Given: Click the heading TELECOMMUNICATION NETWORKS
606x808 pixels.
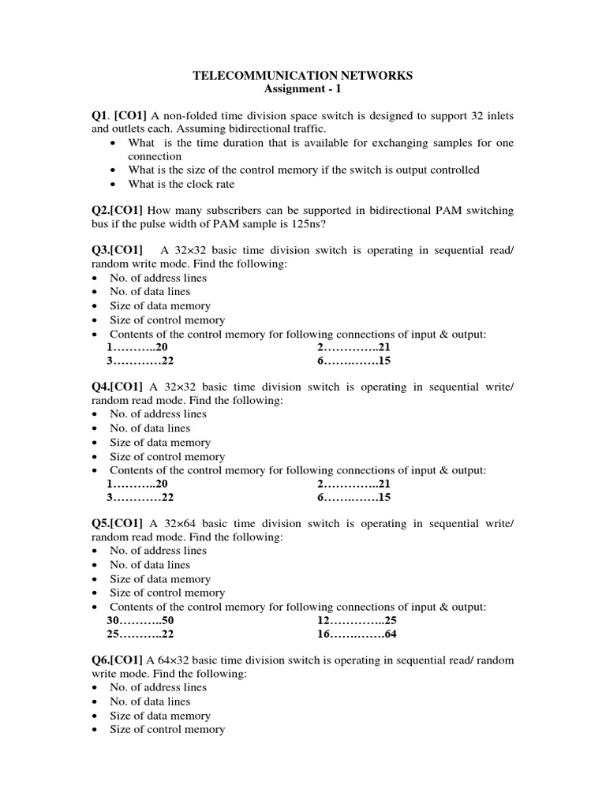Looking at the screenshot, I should point(303,76).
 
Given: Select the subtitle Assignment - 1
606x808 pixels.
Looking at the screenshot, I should point(303,89).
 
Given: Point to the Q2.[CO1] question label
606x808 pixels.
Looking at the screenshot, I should point(118,211).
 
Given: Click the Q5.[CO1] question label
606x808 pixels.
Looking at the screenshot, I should point(118,524).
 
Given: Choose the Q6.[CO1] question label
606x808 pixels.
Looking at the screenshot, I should point(118,660).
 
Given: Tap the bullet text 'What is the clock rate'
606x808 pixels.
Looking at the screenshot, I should point(181,184).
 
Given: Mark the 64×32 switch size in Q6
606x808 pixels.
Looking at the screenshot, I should point(174,660).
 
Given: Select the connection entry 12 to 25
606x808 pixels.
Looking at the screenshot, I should point(350,620).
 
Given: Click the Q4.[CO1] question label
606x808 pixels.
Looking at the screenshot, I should point(118,387).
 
